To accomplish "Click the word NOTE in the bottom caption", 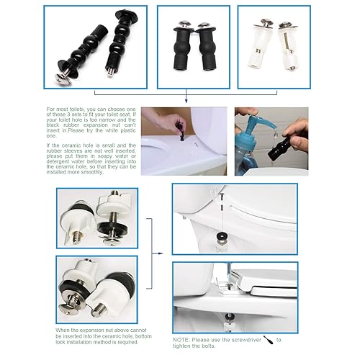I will (183, 338).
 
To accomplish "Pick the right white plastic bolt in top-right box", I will (277, 42).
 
